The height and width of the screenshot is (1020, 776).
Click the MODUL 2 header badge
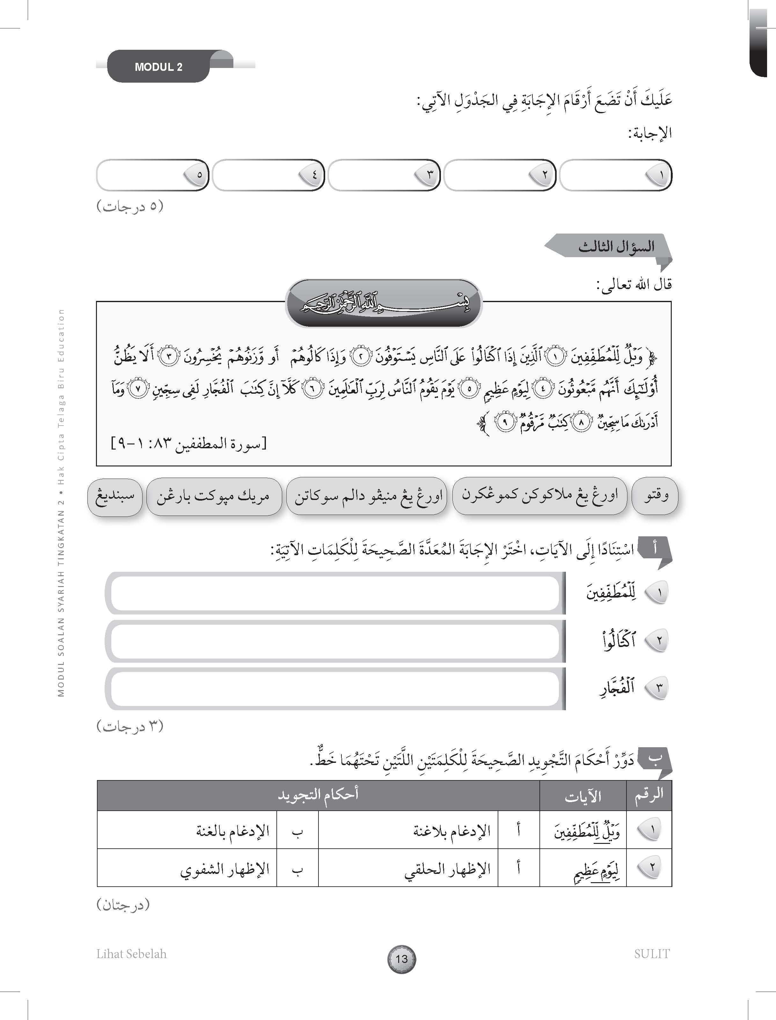point(158,67)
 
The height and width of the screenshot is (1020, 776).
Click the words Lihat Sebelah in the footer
point(132,953)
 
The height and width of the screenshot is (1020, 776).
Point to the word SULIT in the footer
point(651,953)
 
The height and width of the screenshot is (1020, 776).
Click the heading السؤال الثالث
point(616,246)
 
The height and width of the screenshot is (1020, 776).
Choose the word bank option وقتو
point(655,496)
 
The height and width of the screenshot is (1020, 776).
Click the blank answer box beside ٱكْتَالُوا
point(335,641)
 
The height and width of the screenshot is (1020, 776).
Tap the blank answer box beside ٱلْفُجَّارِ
point(335,689)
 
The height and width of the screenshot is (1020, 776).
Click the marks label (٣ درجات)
point(130,726)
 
